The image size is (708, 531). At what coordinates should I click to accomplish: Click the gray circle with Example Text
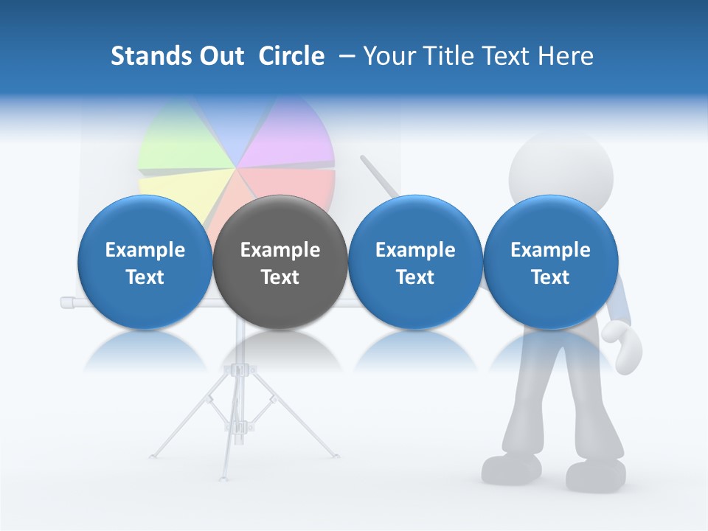(280, 263)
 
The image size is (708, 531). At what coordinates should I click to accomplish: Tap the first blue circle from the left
(145, 263)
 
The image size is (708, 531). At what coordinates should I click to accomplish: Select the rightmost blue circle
(550, 263)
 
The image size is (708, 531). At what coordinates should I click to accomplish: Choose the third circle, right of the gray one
(415, 263)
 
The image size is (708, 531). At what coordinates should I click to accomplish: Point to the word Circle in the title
(291, 56)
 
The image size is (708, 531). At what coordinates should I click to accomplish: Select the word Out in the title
(222, 56)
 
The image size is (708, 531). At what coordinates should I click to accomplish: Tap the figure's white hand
(623, 347)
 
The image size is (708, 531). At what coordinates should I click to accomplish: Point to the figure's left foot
(512, 468)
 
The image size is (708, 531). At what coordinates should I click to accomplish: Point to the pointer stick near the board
(379, 177)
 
